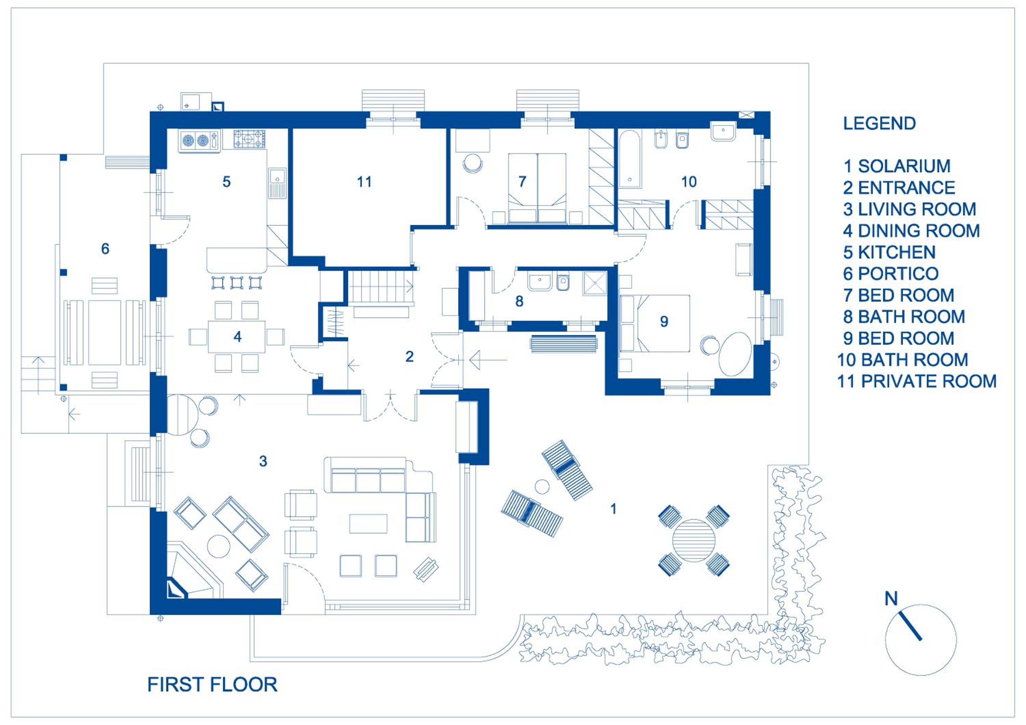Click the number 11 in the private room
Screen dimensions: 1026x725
click(364, 182)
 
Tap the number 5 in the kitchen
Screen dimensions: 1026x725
click(226, 182)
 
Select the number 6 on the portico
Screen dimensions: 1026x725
click(105, 249)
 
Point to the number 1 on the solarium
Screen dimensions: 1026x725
click(614, 508)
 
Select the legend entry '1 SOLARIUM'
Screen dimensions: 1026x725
click(897, 166)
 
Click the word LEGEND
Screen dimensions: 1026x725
click(879, 124)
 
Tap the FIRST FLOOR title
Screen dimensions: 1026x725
click(212, 685)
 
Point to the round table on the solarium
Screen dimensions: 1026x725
click(694, 541)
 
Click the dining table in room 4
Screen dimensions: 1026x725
click(236, 337)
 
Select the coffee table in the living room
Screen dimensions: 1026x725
click(368, 524)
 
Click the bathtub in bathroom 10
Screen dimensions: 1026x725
click(630, 159)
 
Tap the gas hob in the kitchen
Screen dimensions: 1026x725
click(249, 140)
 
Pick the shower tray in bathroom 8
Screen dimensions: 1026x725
click(595, 283)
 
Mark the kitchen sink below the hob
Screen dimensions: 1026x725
click(277, 184)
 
